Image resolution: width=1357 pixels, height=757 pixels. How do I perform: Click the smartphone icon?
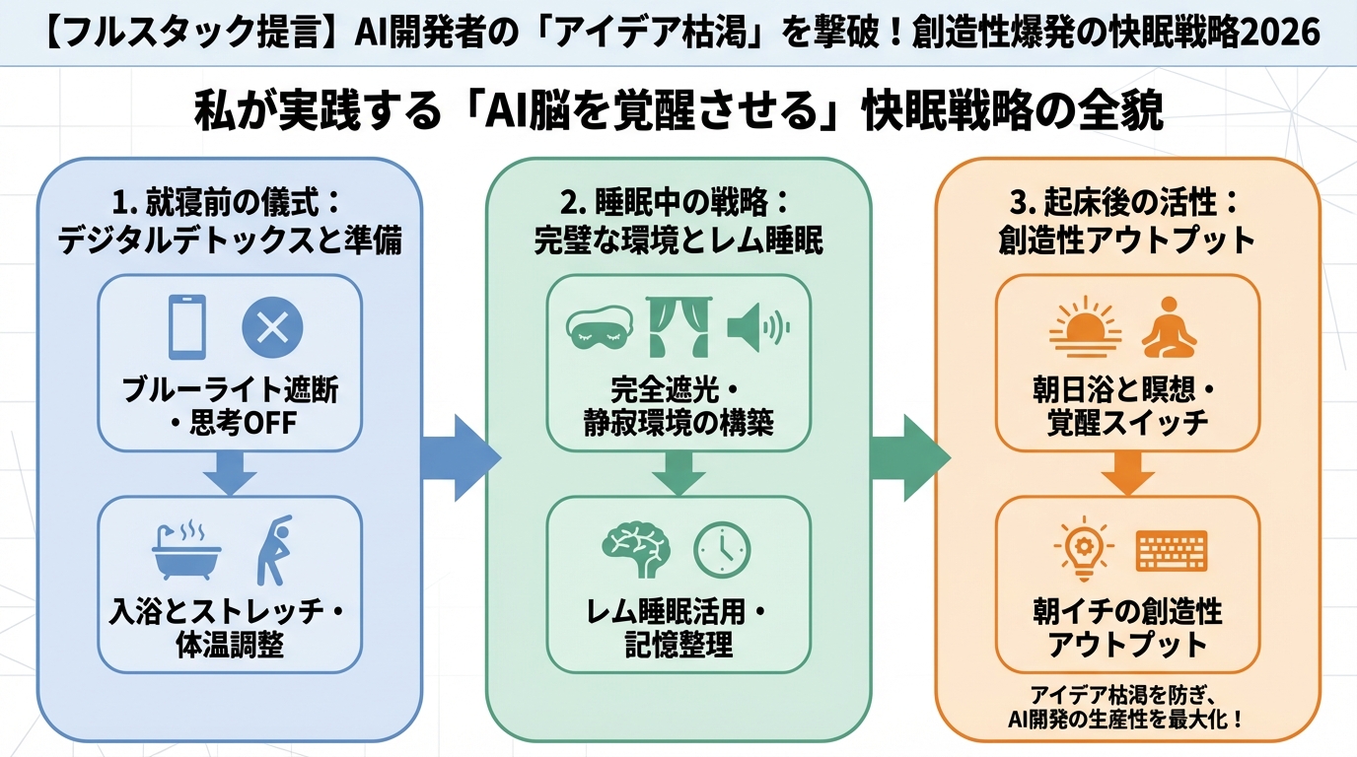pyautogui.click(x=187, y=327)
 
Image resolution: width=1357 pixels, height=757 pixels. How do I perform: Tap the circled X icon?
pyautogui.click(x=272, y=327)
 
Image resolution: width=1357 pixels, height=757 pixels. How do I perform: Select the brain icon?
pyautogui.click(x=636, y=548)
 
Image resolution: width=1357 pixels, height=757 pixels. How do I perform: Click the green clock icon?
pyautogui.click(x=722, y=549)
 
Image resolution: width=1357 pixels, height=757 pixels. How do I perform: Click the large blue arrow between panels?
pyautogui.click(x=460, y=457)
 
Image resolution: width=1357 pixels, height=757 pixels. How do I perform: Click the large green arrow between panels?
pyautogui.click(x=908, y=457)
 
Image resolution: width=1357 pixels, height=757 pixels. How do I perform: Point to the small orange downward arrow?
pyautogui.click(x=1127, y=474)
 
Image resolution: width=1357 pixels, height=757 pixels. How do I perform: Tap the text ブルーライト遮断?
pyautogui.click(x=230, y=390)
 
